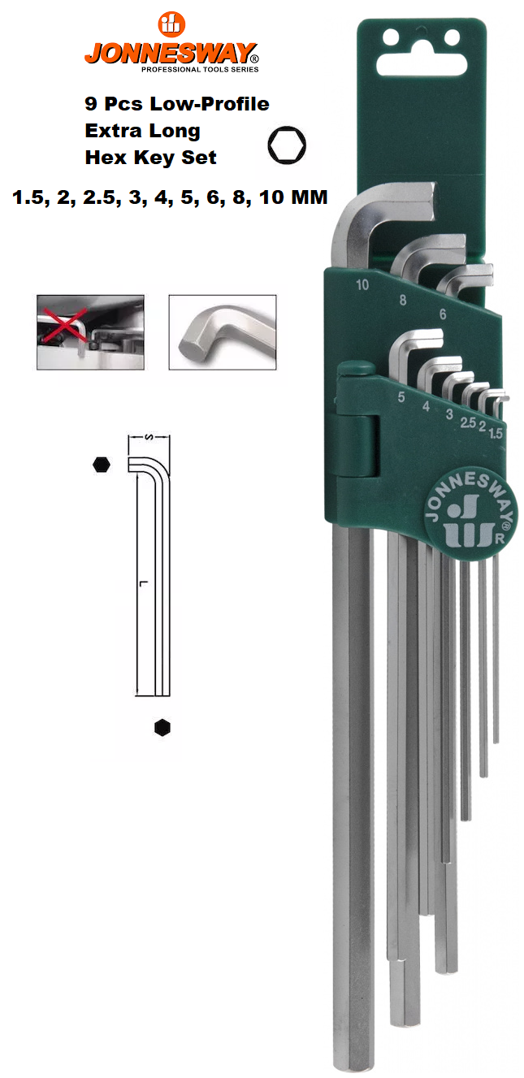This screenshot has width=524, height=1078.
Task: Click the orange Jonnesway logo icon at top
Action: pos(171,24)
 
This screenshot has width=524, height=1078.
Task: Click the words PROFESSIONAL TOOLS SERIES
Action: pos(200,69)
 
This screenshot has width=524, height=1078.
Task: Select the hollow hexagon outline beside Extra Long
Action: pos(287,145)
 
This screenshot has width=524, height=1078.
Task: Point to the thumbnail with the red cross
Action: pos(90,332)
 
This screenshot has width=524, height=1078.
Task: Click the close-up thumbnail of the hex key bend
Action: pos(223,332)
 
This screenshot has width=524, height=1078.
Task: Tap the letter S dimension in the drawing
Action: pos(149,436)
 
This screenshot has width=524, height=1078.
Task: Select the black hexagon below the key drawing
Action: pos(162,727)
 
